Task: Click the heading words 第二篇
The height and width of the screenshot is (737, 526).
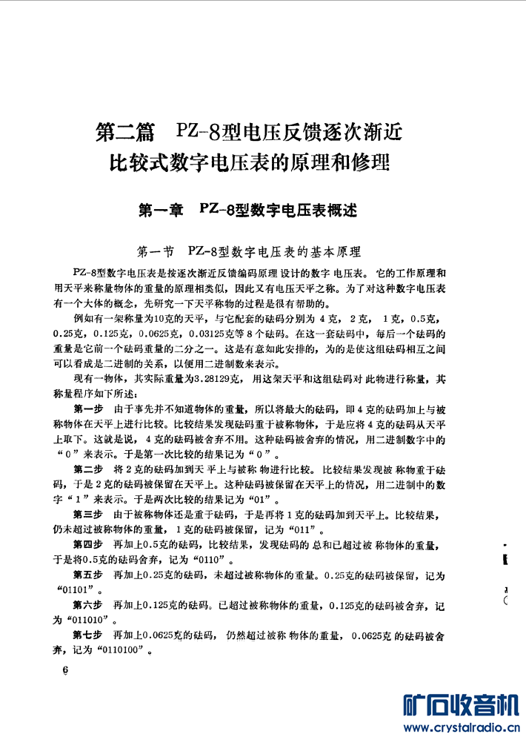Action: [126, 133]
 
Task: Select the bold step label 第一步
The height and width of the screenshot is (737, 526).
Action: [89, 409]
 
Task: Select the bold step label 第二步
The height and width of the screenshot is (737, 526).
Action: [89, 470]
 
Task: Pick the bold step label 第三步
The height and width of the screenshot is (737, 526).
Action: [89, 515]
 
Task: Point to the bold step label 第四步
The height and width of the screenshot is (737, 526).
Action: [89, 546]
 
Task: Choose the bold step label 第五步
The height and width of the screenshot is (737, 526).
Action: [89, 575]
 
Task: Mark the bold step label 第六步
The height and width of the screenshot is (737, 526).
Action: [89, 605]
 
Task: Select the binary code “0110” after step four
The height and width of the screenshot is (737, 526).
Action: [210, 560]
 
